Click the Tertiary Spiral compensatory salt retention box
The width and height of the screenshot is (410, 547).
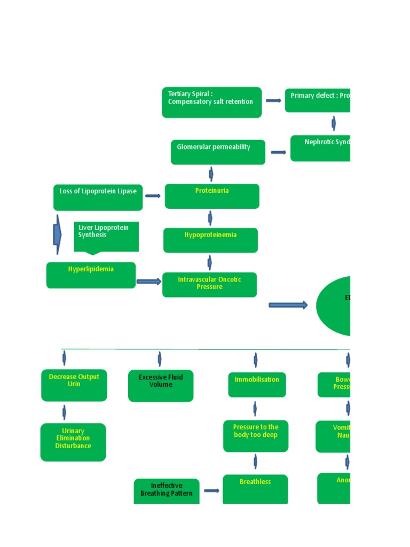211,102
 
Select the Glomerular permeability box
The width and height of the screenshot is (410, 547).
218,152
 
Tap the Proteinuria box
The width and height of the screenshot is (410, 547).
212,196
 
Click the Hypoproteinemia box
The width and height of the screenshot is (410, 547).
210,240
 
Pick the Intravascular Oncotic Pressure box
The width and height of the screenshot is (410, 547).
209,284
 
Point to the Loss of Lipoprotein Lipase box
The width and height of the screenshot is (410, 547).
98,197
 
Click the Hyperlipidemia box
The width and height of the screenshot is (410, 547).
91,275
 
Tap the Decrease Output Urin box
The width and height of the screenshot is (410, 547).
74,385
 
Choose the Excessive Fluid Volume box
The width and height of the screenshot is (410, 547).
161,385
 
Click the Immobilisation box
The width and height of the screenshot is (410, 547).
257,385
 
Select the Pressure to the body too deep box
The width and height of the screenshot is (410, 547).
256,435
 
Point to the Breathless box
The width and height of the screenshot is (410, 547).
255,488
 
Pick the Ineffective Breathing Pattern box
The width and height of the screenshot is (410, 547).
167,490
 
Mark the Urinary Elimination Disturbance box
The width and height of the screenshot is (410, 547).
73,442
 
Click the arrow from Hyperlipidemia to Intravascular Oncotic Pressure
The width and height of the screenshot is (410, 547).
149,282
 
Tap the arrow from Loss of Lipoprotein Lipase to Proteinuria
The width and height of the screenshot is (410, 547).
153,196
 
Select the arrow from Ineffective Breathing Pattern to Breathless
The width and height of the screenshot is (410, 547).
211,490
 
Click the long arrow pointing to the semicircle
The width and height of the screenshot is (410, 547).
288,305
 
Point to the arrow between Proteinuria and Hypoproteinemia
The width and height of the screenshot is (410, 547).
210,218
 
